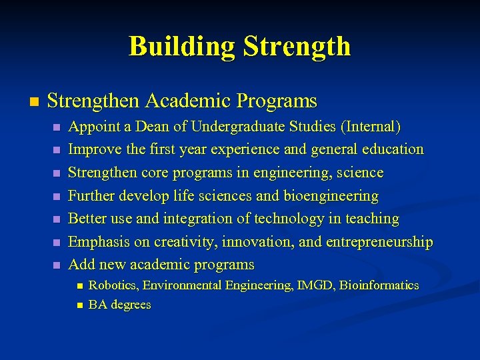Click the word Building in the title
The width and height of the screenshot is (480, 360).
click(182, 47)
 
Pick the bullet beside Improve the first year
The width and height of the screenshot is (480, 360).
click(57, 150)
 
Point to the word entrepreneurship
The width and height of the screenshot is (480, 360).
click(366, 242)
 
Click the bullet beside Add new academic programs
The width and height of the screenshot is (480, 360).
click(57, 265)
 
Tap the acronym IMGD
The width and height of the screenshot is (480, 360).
click(313, 285)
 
